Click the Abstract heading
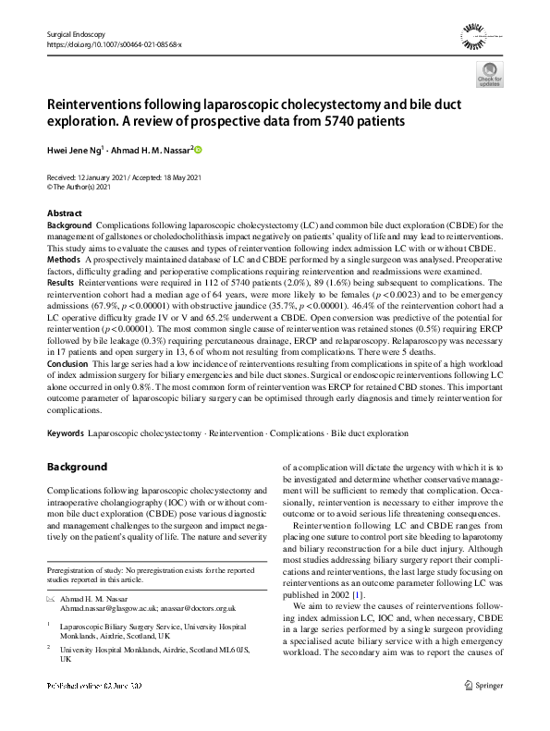pyautogui.click(x=64, y=213)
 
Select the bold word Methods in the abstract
pyautogui.click(x=64, y=262)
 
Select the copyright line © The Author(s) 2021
pyautogui.click(x=84, y=187)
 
